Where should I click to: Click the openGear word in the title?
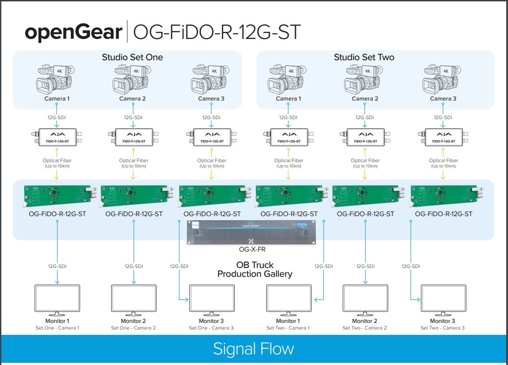(x=74, y=32)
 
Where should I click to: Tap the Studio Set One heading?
(x=132, y=57)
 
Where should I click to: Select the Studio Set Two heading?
(x=364, y=57)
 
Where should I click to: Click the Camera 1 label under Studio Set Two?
(x=287, y=99)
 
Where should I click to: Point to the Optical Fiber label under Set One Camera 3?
(x=212, y=161)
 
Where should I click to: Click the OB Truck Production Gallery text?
(x=255, y=269)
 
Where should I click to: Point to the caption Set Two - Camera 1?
(x=288, y=328)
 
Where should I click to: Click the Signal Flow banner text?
(x=253, y=349)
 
